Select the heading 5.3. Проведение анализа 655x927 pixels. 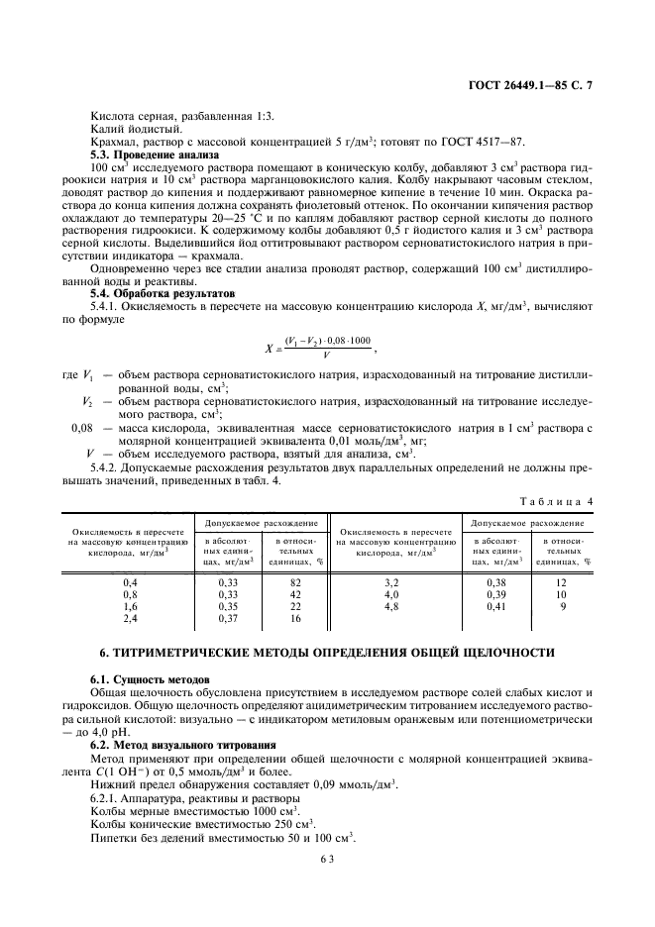147,154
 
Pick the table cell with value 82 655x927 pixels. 295,583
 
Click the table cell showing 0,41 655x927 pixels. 496,605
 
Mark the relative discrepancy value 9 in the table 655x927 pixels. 563,605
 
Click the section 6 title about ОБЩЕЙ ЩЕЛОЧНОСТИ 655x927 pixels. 327,655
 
